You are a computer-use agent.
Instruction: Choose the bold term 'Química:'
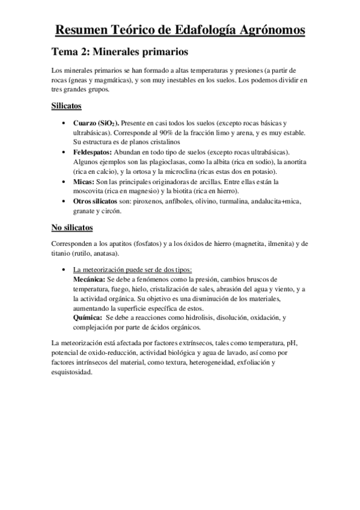pyautogui.click(x=86, y=318)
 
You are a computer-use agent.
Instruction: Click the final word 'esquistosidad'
pyautogui.click(x=72, y=372)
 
